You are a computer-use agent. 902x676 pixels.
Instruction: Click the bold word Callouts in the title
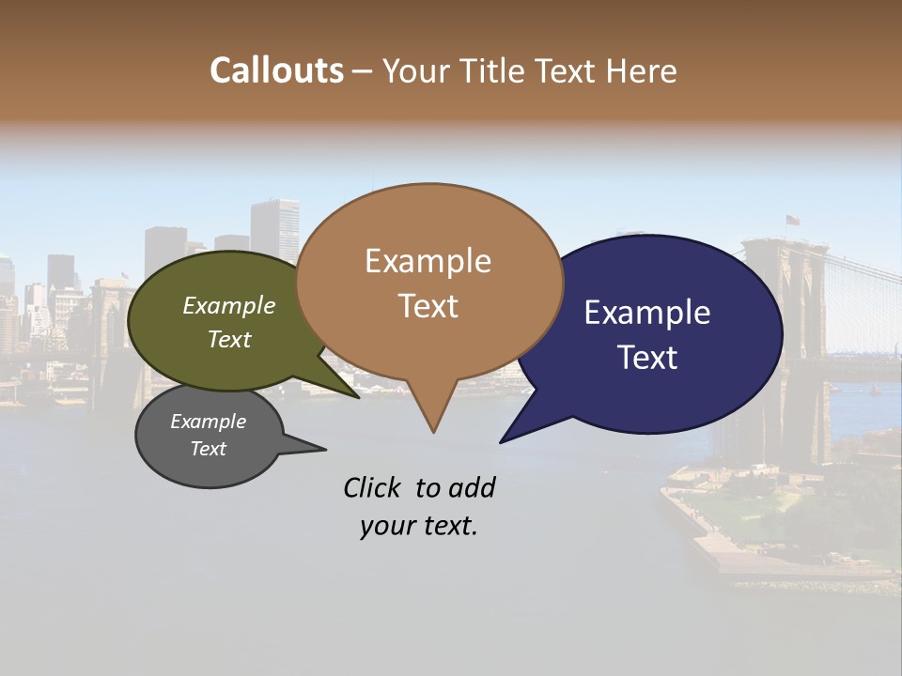[276, 70]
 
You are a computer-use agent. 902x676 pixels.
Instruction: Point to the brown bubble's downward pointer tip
[433, 431]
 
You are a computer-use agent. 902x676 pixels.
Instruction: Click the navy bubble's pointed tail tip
[502, 440]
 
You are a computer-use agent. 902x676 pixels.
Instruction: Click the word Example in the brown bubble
[428, 261]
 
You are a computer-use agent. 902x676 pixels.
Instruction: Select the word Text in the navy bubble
[648, 357]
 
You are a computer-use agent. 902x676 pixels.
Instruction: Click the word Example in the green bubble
[228, 306]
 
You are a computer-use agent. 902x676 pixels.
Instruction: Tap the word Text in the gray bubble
[208, 449]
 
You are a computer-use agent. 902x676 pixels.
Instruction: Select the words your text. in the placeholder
[418, 526]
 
